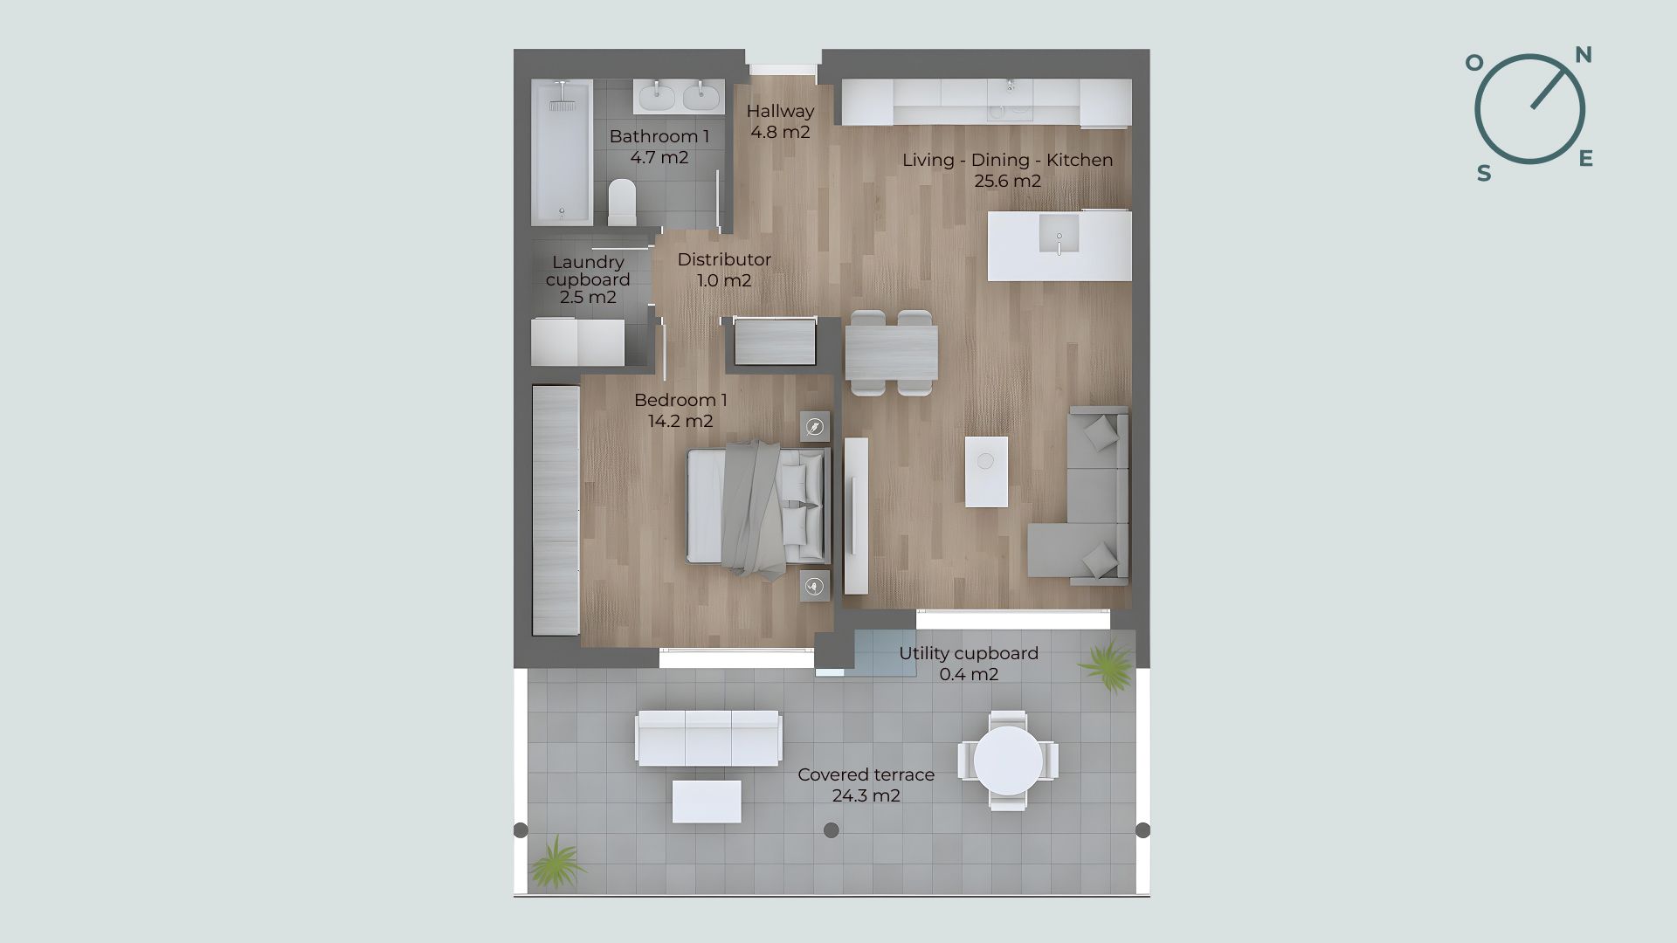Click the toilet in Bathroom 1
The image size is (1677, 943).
[x=623, y=203]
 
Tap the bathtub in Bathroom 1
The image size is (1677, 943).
[x=562, y=152]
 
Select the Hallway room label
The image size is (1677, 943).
[x=780, y=121]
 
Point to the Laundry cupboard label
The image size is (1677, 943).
[x=588, y=279]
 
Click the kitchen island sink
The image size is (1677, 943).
[x=1059, y=234]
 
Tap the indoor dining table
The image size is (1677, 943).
[x=891, y=352]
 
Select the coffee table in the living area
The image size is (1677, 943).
[x=986, y=471]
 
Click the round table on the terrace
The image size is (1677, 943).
[x=1008, y=761]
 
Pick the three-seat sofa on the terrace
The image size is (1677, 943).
[x=708, y=738]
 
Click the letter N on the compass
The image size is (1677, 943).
[x=1584, y=56]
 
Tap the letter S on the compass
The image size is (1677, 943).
[x=1484, y=174]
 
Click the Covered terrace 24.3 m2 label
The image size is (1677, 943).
[x=866, y=785]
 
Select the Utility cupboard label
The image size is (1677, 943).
[x=969, y=664]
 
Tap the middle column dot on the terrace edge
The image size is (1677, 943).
[x=832, y=830]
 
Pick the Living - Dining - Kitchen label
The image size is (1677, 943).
[x=1008, y=170]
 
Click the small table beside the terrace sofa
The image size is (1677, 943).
[x=707, y=802]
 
